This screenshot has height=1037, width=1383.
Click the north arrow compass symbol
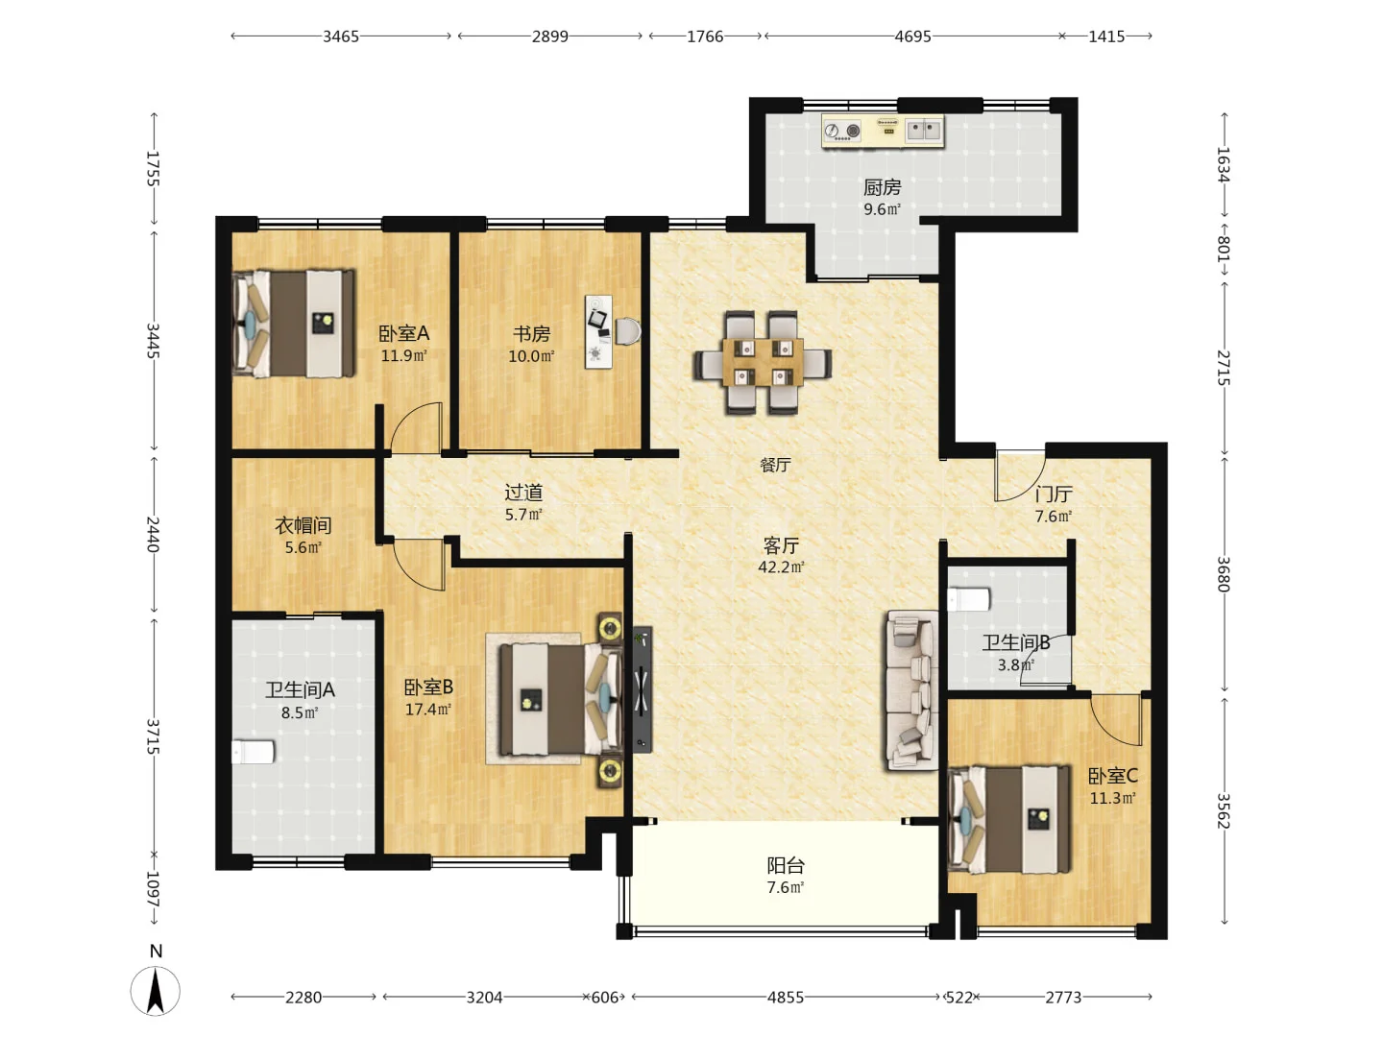click(x=155, y=989)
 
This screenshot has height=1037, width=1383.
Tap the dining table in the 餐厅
click(x=763, y=362)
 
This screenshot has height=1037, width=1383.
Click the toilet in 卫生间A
click(x=253, y=753)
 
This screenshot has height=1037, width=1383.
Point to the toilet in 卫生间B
click(x=969, y=599)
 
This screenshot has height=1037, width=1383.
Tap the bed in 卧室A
click(x=294, y=324)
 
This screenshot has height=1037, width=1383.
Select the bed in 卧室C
click(x=1009, y=819)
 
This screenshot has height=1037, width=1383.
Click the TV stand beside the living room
click(x=643, y=689)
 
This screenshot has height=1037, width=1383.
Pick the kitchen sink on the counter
click(x=924, y=131)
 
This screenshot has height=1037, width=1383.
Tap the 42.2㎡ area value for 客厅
click(x=781, y=567)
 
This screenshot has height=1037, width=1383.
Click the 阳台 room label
click(x=785, y=866)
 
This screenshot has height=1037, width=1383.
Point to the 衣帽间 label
click(x=303, y=525)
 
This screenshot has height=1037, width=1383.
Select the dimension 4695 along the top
click(x=912, y=36)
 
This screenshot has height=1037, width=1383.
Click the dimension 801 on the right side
click(x=1223, y=249)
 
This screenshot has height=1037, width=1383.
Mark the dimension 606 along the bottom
click(x=605, y=997)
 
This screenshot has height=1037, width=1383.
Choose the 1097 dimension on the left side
click(x=153, y=889)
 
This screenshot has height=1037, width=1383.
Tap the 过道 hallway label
click(x=523, y=492)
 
